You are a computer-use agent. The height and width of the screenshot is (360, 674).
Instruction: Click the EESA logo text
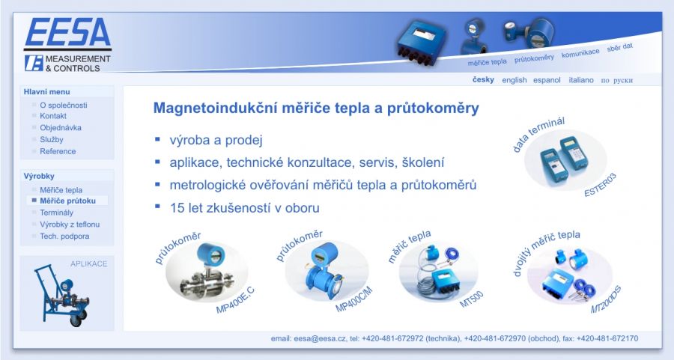click(x=68, y=32)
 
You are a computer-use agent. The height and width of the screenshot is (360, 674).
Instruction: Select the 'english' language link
click(x=514, y=80)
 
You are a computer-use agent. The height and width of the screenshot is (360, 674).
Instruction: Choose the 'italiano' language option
click(x=580, y=80)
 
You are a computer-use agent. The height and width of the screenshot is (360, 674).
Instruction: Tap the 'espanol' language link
click(x=547, y=80)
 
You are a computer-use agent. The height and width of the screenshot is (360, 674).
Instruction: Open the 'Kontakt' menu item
click(x=53, y=116)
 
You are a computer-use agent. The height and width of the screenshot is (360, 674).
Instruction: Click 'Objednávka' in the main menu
click(x=61, y=127)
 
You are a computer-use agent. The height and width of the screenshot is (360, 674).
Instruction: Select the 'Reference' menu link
click(x=58, y=151)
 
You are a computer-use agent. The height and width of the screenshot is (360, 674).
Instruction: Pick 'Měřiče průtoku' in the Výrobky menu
click(x=67, y=201)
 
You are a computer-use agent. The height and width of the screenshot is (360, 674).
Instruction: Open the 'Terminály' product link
click(x=56, y=213)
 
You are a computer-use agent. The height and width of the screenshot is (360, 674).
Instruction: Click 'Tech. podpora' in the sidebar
click(x=64, y=237)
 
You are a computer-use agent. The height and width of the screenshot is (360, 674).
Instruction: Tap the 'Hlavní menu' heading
click(x=46, y=92)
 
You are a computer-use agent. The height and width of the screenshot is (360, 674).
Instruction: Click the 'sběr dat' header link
click(x=620, y=47)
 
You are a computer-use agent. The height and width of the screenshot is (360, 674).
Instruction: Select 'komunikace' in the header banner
click(x=580, y=53)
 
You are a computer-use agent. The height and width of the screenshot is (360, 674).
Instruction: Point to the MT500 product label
click(x=472, y=299)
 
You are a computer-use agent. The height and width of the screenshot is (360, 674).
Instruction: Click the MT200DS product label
click(x=606, y=299)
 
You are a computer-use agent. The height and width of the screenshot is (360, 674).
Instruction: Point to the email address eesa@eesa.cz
click(x=320, y=338)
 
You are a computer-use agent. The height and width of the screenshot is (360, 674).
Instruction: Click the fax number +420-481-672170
click(x=607, y=338)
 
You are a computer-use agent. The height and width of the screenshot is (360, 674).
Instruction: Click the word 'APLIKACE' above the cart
click(x=88, y=263)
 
